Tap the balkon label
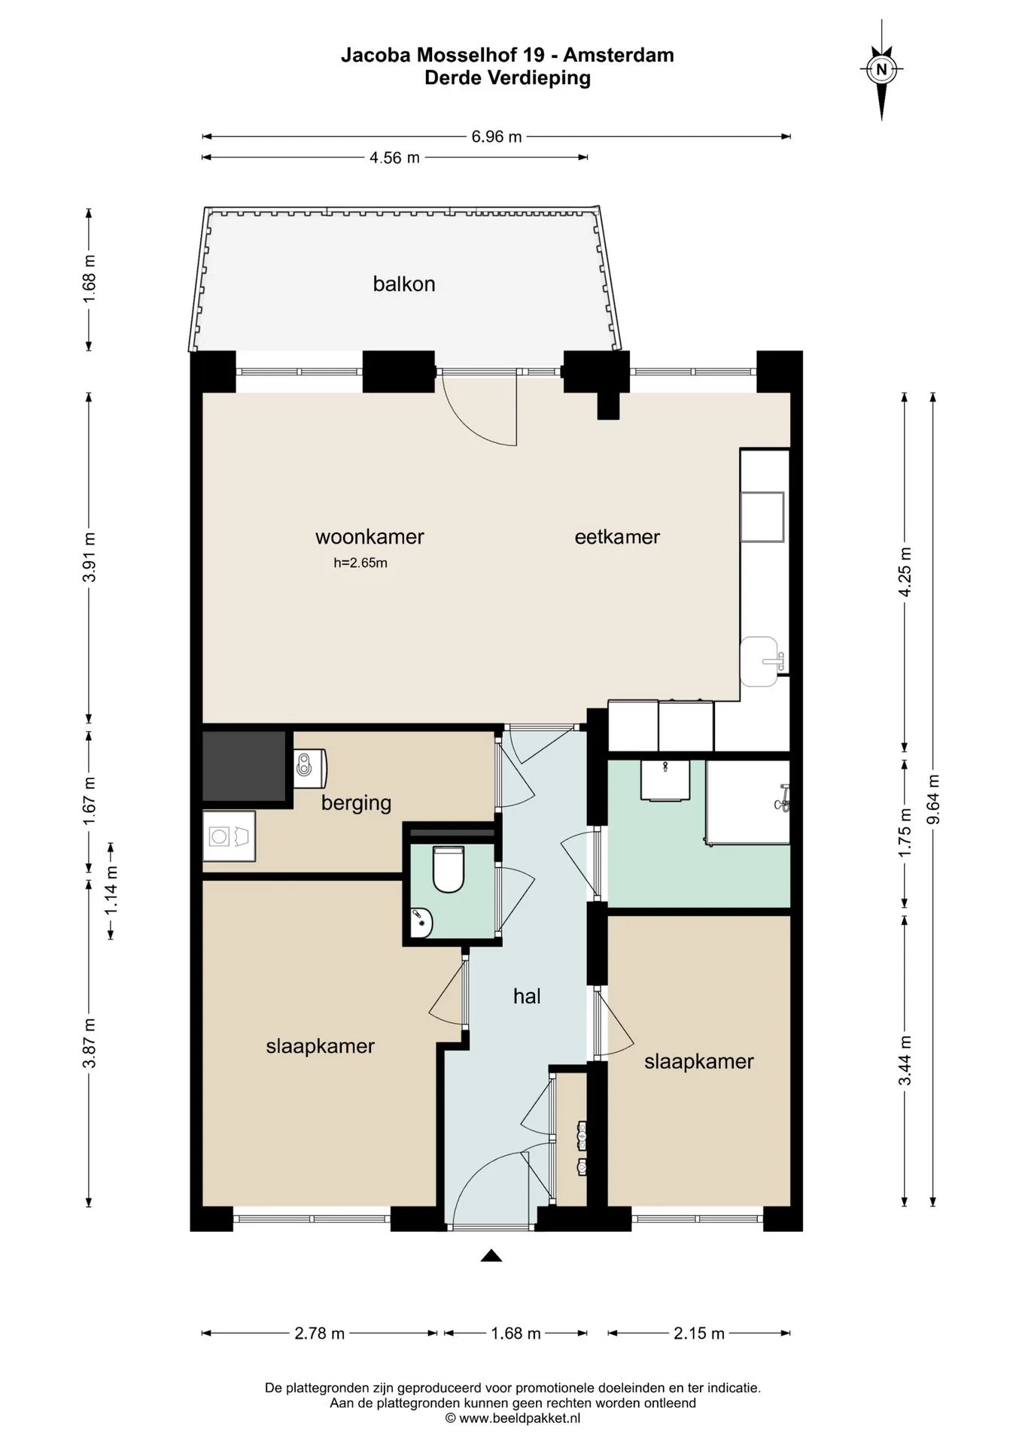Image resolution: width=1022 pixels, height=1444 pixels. (x=404, y=284)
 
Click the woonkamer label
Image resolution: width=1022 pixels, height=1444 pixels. (x=370, y=537)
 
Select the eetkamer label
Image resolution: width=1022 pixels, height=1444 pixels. (x=617, y=537)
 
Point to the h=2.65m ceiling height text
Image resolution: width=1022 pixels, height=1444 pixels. (x=360, y=563)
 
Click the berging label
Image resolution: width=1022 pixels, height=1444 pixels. (x=357, y=803)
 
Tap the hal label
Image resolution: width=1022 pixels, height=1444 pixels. (x=527, y=997)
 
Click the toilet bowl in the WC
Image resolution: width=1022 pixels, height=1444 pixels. (x=449, y=869)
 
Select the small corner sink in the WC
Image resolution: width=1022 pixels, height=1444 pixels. (x=420, y=921)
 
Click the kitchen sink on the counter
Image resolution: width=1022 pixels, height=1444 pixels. (x=760, y=661)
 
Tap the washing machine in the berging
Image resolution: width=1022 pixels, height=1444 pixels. (x=229, y=836)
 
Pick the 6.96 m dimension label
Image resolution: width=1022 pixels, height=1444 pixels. (x=497, y=137)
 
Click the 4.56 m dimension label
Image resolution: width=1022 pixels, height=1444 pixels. (x=394, y=158)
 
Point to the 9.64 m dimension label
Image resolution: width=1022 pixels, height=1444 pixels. (x=933, y=799)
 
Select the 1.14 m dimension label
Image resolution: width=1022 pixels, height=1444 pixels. (x=111, y=890)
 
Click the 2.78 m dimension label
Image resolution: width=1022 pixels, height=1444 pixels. (x=319, y=1333)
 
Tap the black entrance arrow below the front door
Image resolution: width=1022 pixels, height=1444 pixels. (x=491, y=1255)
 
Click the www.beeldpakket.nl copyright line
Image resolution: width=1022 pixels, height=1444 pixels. (x=513, y=1418)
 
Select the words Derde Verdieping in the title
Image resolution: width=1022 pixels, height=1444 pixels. (x=507, y=77)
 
